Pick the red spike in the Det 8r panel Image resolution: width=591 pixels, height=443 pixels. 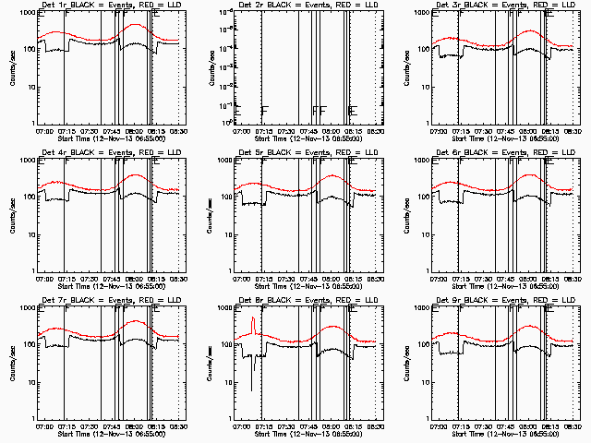(x=253, y=325)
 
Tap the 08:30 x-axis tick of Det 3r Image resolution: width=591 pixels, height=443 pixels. (x=572, y=131)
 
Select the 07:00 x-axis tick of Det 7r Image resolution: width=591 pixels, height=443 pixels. (x=43, y=426)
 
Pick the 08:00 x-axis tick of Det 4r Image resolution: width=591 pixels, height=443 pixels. (x=135, y=279)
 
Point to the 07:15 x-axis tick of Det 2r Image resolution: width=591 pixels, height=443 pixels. (x=264, y=131)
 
